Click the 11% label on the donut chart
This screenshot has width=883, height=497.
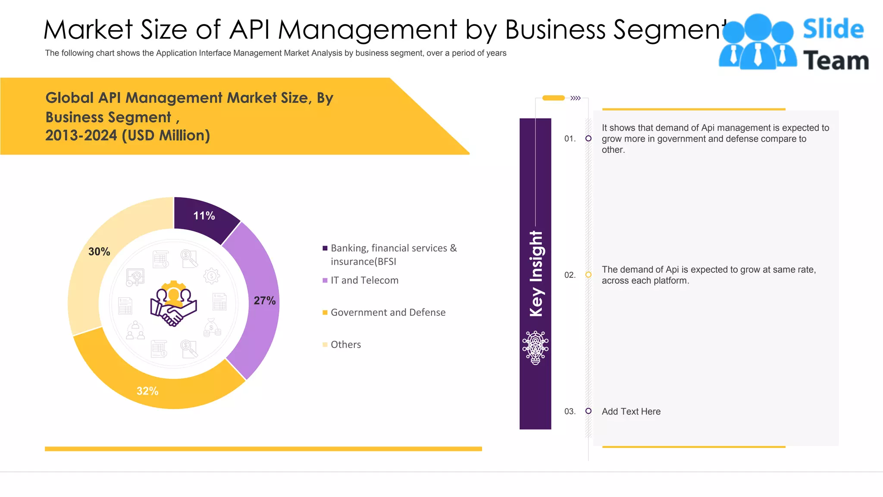click(x=204, y=216)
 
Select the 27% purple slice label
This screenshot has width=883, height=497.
click(x=264, y=301)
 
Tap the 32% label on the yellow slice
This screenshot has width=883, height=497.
click(x=147, y=391)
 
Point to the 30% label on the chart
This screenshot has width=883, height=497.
click(x=99, y=252)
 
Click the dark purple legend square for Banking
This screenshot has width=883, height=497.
click(x=325, y=248)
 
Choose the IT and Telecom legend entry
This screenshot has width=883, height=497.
click(x=364, y=280)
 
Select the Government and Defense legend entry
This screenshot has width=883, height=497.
click(x=388, y=312)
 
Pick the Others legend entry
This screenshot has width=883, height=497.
click(x=345, y=344)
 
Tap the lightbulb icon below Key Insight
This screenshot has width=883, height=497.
click(x=535, y=348)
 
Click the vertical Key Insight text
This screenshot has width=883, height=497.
click(x=536, y=274)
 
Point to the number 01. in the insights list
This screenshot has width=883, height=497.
click(x=570, y=138)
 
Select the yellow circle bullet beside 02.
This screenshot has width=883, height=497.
click(x=589, y=275)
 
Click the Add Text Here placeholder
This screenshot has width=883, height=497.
click(x=631, y=412)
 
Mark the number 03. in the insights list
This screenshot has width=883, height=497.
click(x=570, y=412)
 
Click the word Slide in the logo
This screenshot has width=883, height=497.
click(x=833, y=29)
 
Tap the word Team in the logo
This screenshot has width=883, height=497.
click(x=836, y=60)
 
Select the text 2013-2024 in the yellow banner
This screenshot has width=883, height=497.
click(x=81, y=135)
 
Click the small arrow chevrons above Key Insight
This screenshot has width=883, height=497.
click(x=576, y=98)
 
